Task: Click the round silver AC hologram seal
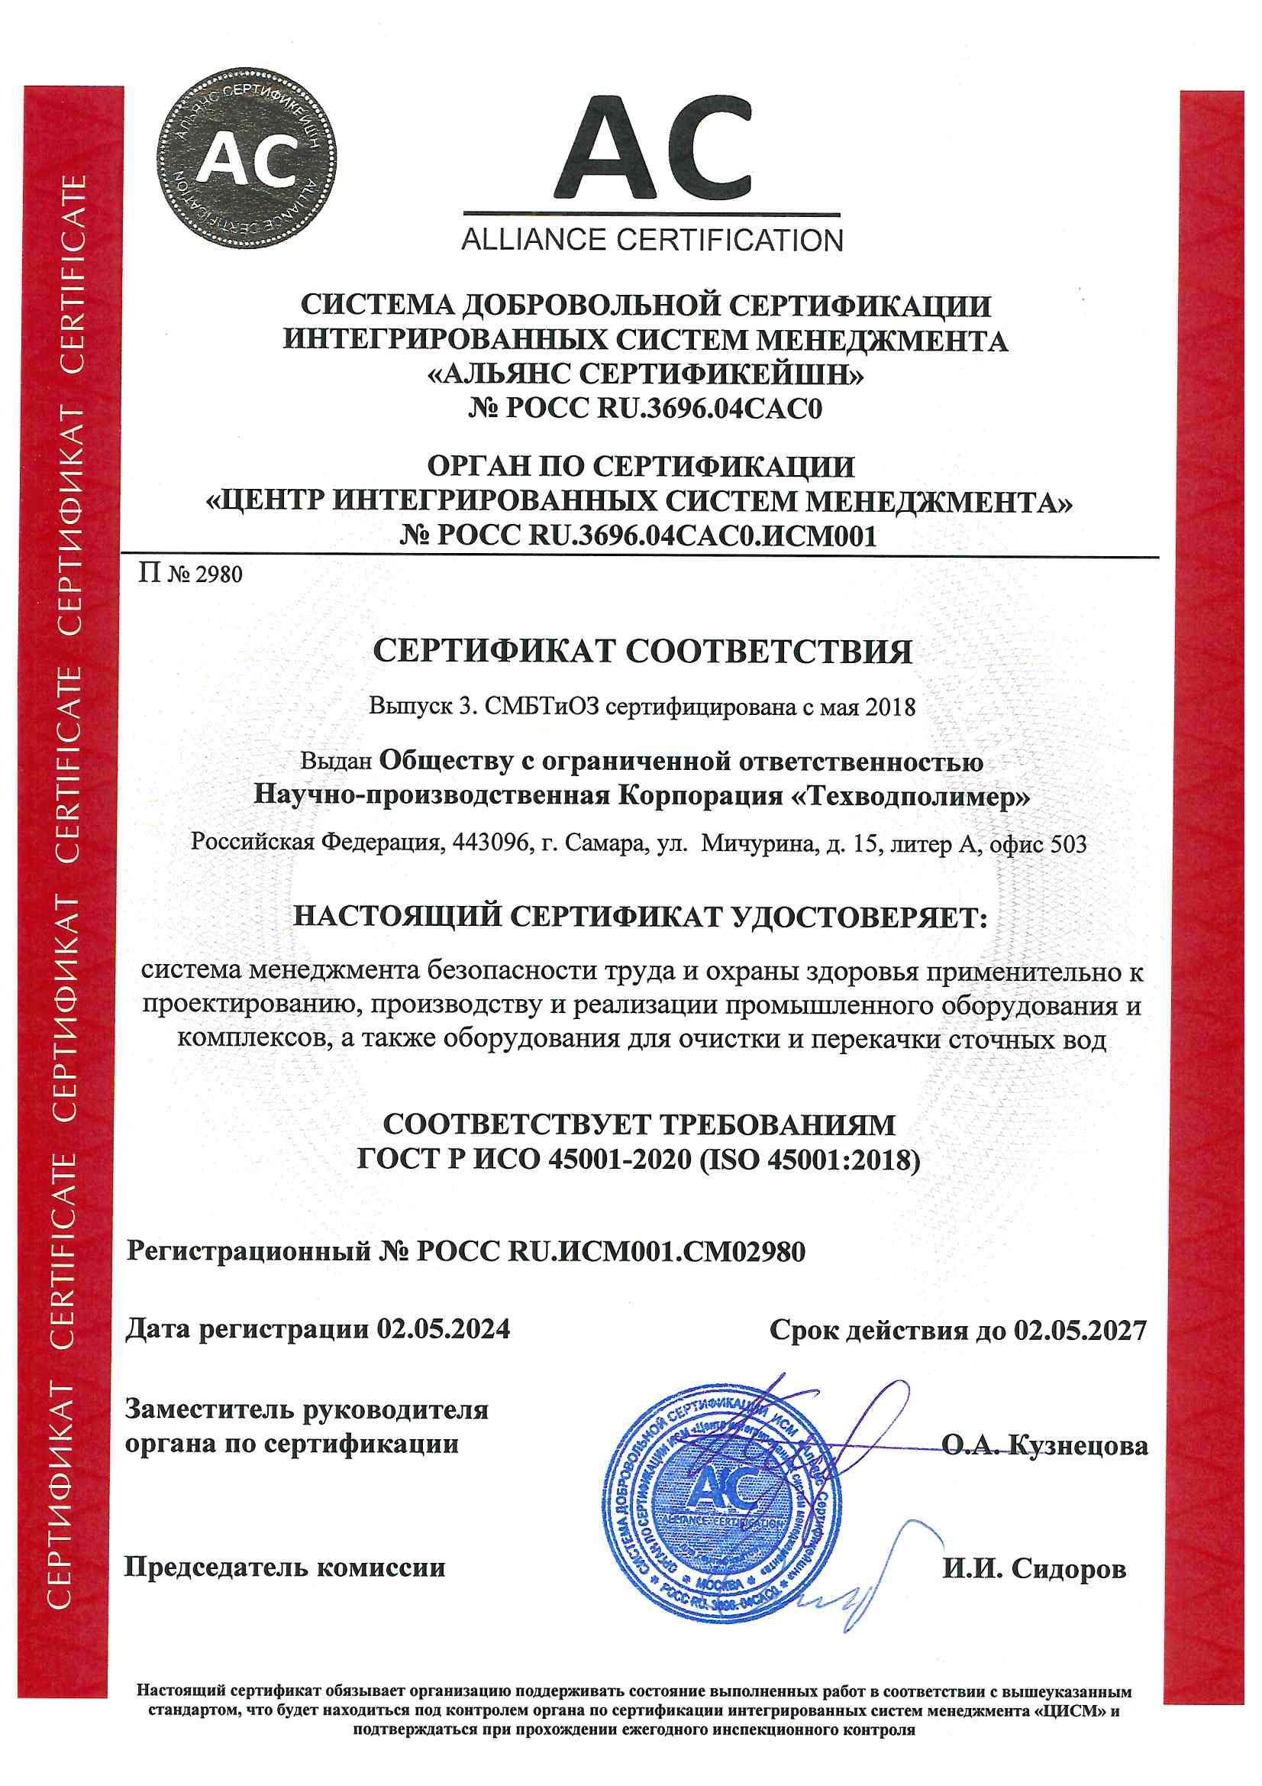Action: (x=247, y=160)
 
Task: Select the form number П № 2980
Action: (x=191, y=575)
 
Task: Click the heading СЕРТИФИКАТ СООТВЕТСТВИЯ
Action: (x=642, y=651)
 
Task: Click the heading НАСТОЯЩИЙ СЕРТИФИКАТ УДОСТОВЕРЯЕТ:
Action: (x=640, y=917)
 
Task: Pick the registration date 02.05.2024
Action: (x=444, y=1328)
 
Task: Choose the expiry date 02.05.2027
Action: (x=1080, y=1330)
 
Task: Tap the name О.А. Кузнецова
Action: (x=1044, y=1445)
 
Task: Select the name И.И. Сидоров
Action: (x=1034, y=1568)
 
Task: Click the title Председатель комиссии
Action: (x=285, y=1567)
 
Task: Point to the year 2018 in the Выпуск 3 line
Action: (x=890, y=707)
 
